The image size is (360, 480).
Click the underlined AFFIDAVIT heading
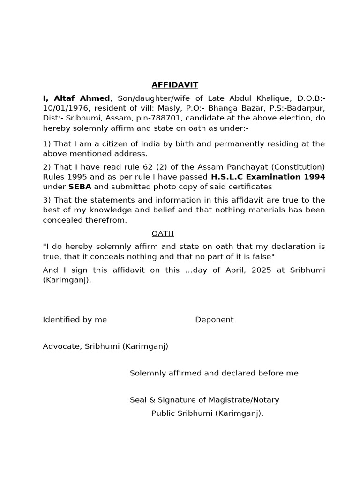coord(175,85)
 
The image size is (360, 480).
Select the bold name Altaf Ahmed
coord(82,98)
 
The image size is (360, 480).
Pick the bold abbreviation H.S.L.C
coord(229,177)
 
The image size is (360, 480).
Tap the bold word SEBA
coord(80,187)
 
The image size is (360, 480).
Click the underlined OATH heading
coord(163,233)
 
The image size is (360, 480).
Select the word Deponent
coord(214,320)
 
